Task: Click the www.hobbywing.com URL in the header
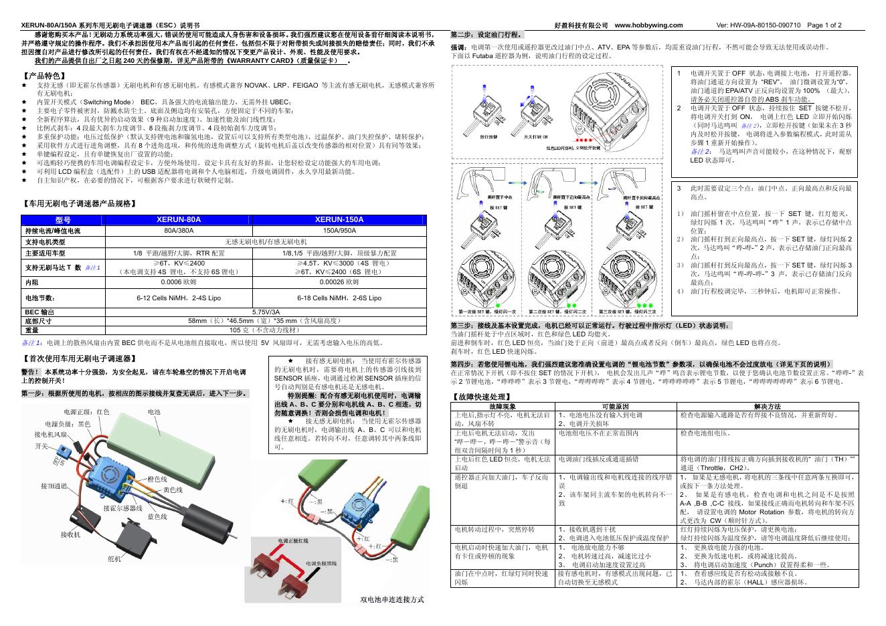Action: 648,25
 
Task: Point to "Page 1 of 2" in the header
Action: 824,25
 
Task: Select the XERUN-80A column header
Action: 179,219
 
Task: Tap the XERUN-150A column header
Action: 339,219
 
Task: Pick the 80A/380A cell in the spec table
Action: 179,230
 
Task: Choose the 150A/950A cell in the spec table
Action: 339,230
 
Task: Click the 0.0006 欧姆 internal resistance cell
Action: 179,282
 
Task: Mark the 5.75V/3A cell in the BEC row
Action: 266,312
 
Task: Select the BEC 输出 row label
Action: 39,312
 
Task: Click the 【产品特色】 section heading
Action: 43,76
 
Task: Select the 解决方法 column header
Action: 767,406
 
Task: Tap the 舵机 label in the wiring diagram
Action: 114,558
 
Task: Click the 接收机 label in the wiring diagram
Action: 70,535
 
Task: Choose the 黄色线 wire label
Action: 174,490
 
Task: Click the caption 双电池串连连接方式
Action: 392,599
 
